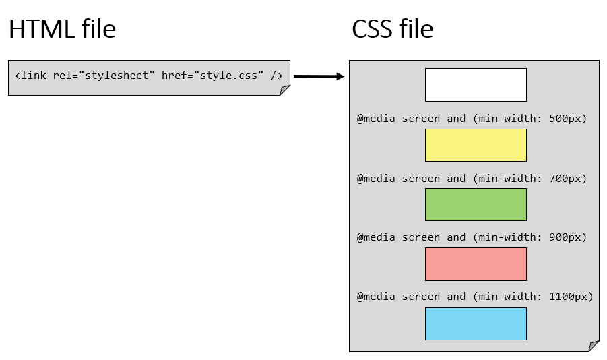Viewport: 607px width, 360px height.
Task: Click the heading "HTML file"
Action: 62,29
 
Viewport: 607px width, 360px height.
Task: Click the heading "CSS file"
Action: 392,29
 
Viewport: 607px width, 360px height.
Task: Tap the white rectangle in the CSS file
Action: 475,85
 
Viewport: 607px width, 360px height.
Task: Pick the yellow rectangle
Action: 475,145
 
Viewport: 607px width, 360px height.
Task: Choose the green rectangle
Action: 475,204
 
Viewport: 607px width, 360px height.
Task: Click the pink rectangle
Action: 475,264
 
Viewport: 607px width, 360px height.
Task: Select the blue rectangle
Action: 475,324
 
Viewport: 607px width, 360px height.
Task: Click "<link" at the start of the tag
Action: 30,76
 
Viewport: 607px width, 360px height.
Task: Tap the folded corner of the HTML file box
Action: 286,91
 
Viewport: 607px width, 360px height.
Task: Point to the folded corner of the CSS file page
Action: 594,347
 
